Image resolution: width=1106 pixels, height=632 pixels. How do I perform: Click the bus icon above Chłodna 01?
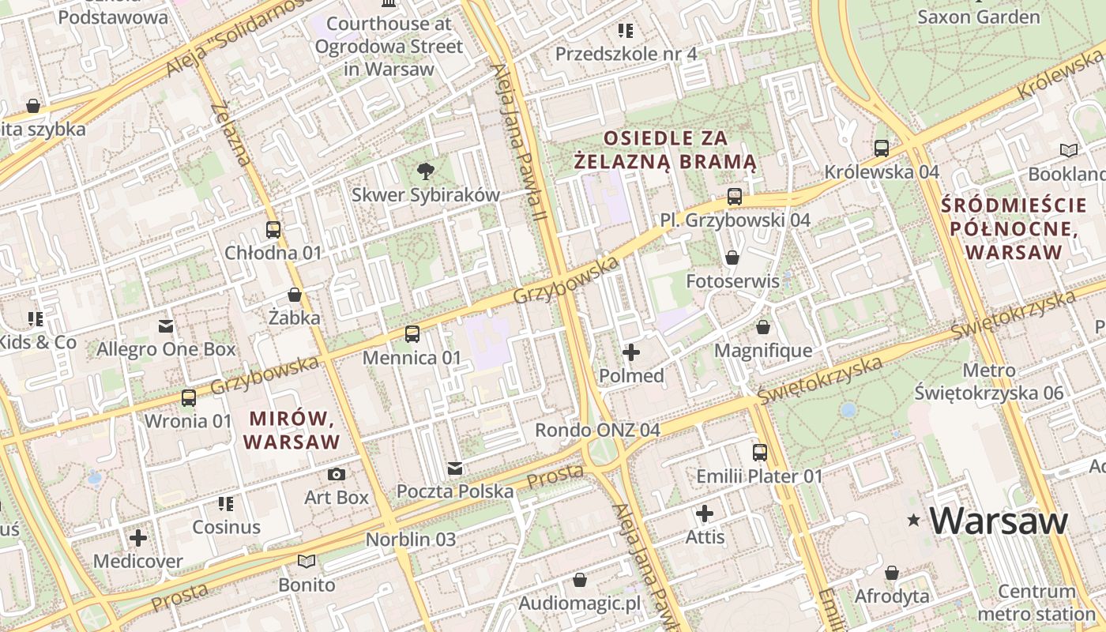(273, 230)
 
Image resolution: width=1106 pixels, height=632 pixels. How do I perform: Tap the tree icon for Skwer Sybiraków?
(426, 171)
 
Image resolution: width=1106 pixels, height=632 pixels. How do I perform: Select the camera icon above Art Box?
(337, 474)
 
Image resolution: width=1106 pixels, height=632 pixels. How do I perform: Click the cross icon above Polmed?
(631, 352)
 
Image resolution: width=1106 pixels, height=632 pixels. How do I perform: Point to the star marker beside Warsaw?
(914, 520)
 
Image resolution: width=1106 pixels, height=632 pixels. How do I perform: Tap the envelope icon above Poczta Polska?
(455, 468)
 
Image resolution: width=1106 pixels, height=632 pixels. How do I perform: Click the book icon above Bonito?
(307, 562)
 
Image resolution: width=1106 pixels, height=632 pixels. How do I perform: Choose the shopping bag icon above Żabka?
(295, 295)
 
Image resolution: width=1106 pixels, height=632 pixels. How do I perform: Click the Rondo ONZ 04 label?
(597, 431)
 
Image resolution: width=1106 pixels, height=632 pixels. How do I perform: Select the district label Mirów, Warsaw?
(292, 430)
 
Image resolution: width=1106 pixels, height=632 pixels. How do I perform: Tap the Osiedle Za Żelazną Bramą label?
(665, 150)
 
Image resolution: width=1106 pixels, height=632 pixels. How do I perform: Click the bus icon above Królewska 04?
(882, 148)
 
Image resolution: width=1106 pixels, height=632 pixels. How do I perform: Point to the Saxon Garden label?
(978, 17)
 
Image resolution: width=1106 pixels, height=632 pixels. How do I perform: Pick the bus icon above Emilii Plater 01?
(759, 453)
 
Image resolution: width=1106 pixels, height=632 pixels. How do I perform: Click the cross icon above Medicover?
(138, 538)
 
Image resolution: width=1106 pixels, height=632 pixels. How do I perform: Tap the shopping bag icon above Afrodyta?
(892, 573)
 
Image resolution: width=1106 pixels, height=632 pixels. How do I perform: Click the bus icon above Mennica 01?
(412, 334)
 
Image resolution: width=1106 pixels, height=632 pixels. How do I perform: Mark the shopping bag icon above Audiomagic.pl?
(580, 581)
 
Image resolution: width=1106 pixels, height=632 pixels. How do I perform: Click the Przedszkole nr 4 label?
(626, 54)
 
